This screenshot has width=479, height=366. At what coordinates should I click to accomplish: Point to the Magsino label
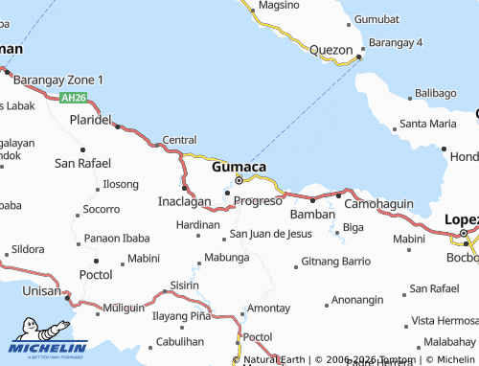(278, 5)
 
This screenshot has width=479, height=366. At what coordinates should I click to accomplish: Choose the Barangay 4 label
(422, 43)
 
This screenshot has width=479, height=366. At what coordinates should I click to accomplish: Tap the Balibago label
(435, 93)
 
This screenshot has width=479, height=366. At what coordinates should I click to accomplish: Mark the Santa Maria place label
(428, 124)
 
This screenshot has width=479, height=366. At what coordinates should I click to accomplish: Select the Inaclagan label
(183, 202)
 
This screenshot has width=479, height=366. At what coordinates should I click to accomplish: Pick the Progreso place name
(258, 201)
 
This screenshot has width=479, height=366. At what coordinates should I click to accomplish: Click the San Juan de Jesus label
(271, 234)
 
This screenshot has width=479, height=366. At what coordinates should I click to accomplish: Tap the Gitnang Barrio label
(335, 261)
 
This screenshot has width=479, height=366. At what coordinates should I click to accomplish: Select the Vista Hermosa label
(444, 321)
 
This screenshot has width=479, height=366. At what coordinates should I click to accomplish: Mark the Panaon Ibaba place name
(116, 238)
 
